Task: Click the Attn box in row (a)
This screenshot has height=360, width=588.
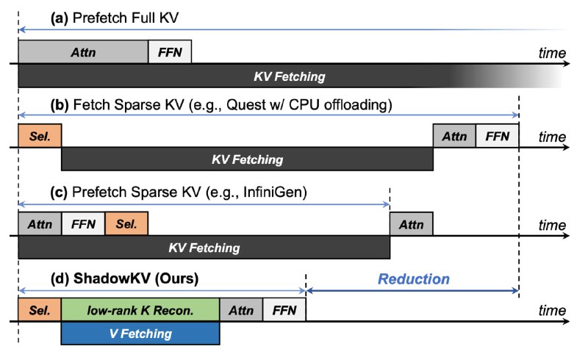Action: point(83,51)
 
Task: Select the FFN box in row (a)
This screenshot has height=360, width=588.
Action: point(170,51)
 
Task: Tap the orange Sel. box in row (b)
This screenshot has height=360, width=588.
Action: point(40,135)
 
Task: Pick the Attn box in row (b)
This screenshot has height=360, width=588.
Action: point(454,135)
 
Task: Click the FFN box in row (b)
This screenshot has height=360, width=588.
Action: point(498,135)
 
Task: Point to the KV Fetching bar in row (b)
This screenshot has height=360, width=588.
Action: point(247,159)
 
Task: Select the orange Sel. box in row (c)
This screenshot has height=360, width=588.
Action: point(126,224)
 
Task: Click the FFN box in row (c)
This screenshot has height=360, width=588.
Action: point(83,224)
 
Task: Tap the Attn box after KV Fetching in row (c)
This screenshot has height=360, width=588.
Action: point(412,224)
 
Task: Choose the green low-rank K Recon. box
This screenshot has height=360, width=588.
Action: point(140,310)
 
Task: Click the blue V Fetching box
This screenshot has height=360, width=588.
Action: point(140,333)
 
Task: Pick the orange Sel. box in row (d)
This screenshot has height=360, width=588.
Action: point(40,310)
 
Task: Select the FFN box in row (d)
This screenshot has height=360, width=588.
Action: point(284,310)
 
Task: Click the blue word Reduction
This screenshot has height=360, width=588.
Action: point(414,279)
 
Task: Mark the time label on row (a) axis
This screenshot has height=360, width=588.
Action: point(552,53)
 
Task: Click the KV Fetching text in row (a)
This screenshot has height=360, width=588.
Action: point(290,76)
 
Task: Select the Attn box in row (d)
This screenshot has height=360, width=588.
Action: point(241,310)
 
